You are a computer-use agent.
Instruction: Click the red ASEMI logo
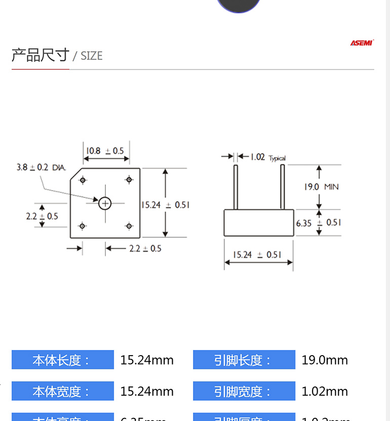(362, 43)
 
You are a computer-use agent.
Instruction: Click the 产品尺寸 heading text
(40, 55)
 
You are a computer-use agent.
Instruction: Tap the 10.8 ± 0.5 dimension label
(105, 151)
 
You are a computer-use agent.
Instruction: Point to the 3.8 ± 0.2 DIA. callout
(41, 167)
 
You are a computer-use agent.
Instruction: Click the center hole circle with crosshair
(105, 203)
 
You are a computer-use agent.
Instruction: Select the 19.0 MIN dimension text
(321, 187)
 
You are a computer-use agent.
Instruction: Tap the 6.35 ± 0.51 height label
(319, 222)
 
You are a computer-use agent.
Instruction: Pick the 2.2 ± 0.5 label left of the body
(42, 216)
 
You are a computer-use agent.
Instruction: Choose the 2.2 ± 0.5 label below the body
(145, 249)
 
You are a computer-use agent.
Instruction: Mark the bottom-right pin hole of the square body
(129, 226)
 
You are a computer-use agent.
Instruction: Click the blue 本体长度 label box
(62, 360)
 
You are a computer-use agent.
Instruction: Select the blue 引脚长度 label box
(244, 360)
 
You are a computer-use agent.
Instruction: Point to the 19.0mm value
(325, 360)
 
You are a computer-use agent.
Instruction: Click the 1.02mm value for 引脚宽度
(325, 392)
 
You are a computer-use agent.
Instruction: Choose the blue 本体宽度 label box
(62, 392)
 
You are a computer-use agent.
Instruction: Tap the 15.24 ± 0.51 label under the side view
(257, 255)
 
